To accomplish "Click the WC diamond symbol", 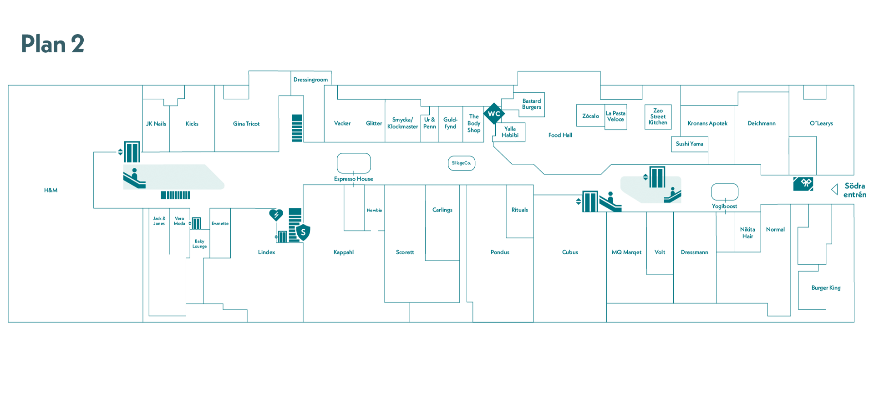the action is click(x=494, y=114).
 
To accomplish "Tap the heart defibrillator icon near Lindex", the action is click(x=276, y=215).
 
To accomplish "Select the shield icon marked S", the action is click(x=303, y=232).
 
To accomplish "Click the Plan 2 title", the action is click(x=53, y=44).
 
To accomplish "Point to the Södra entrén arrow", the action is click(x=834, y=189).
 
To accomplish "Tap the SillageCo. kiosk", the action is click(x=462, y=163).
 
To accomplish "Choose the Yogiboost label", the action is click(x=724, y=207).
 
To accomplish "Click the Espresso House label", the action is click(x=353, y=179).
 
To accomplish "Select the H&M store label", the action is click(x=51, y=190).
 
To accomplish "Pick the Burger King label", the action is click(x=826, y=288).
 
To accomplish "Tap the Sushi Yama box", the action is click(x=690, y=144).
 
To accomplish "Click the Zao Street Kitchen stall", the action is click(x=658, y=117).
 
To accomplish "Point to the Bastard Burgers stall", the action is click(x=532, y=105).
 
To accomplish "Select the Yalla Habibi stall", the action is click(x=510, y=132).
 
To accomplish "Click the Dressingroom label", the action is click(x=310, y=80).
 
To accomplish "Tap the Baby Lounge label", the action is click(x=199, y=244).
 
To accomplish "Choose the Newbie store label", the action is click(x=374, y=210).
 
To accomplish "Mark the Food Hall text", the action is click(x=560, y=135).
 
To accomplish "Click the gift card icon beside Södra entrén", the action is click(x=803, y=184).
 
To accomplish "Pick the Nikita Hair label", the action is click(x=747, y=233).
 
